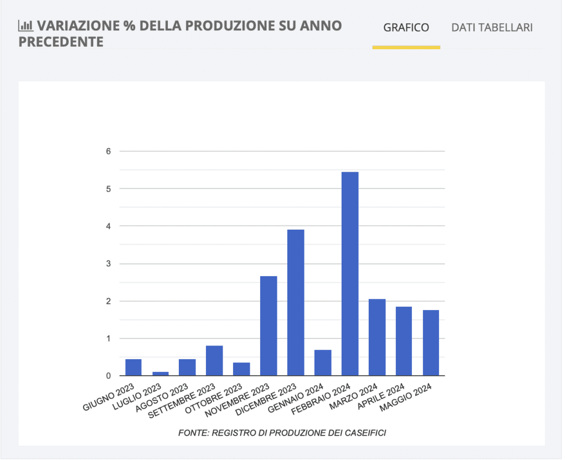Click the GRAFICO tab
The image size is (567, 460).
406,28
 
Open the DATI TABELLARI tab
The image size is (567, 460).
492,28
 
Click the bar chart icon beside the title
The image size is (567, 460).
25,25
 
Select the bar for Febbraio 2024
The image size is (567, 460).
350,273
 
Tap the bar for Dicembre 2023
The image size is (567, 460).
296,302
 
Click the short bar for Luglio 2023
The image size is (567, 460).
161,374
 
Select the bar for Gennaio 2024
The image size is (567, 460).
323,363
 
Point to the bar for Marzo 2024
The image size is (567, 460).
377,337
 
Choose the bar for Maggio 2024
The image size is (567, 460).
431,343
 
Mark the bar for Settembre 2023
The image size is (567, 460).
214,360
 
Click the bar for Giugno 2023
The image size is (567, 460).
133,367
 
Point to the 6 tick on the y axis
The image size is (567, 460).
109,151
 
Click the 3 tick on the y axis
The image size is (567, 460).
109,263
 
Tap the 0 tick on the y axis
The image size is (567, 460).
109,376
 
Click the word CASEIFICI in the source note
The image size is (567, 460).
364,433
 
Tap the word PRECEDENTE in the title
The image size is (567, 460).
61,42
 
